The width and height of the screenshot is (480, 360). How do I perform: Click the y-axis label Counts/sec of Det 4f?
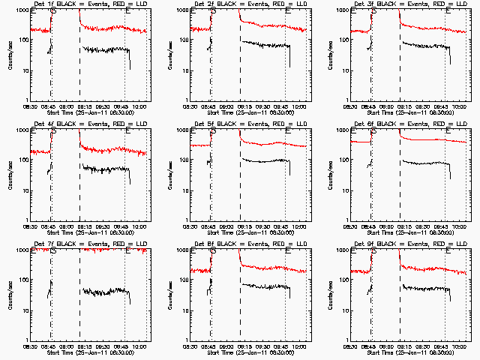10,175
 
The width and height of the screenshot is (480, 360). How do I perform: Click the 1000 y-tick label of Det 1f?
22,11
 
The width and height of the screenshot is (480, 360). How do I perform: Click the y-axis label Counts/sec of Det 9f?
331,295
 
